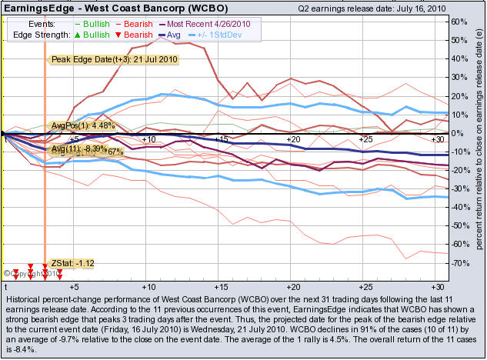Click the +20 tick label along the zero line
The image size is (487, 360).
292,139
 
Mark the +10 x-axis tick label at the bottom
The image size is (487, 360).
148,285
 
